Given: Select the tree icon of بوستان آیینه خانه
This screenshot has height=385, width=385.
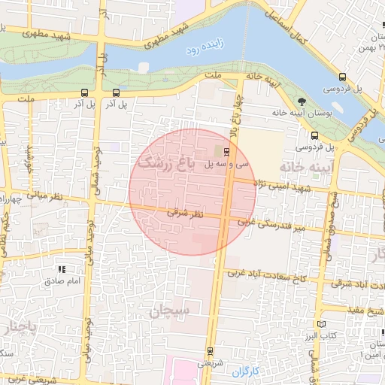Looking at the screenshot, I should pyautogui.click(x=302, y=101).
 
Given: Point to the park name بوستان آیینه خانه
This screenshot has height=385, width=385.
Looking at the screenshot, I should pyautogui.click(x=301, y=113).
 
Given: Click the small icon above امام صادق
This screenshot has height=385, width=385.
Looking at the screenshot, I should pyautogui.click(x=62, y=268).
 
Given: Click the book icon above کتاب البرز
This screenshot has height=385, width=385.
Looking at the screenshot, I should pyautogui.click(x=322, y=323).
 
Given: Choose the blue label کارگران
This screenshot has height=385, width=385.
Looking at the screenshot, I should pyautogui.click(x=245, y=371).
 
